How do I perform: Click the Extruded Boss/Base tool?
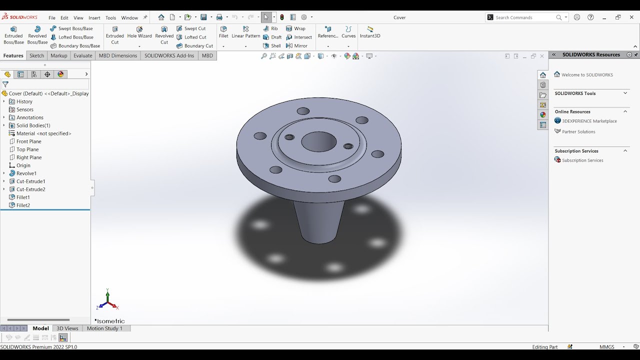[x=13, y=35]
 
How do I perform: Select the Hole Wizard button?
[x=139, y=32]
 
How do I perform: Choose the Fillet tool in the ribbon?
[x=223, y=32]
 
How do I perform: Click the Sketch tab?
[x=36, y=55]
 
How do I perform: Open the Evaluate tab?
[x=83, y=55]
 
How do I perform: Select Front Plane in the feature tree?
[x=28, y=141]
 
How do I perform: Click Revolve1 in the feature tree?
[x=26, y=173]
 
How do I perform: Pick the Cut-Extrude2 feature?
[x=30, y=189]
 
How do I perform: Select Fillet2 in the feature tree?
[x=23, y=205]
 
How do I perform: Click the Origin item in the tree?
[x=23, y=165]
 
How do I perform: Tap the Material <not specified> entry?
[x=43, y=133]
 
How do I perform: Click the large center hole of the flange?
[x=318, y=141]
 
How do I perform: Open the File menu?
[x=52, y=18]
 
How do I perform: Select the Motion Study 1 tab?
[x=104, y=328]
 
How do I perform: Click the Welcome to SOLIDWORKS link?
[x=586, y=75]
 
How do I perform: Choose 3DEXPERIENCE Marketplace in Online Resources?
[x=589, y=121]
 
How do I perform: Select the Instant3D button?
[x=370, y=32]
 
